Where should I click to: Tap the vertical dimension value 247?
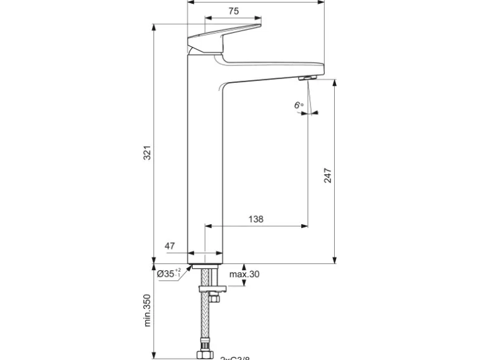point(328,175)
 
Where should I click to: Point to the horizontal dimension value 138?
point(256,219)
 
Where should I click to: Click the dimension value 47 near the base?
point(170,246)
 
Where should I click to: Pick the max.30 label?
point(244,274)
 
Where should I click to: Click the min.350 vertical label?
point(148,310)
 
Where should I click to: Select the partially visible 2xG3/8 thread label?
point(235,358)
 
